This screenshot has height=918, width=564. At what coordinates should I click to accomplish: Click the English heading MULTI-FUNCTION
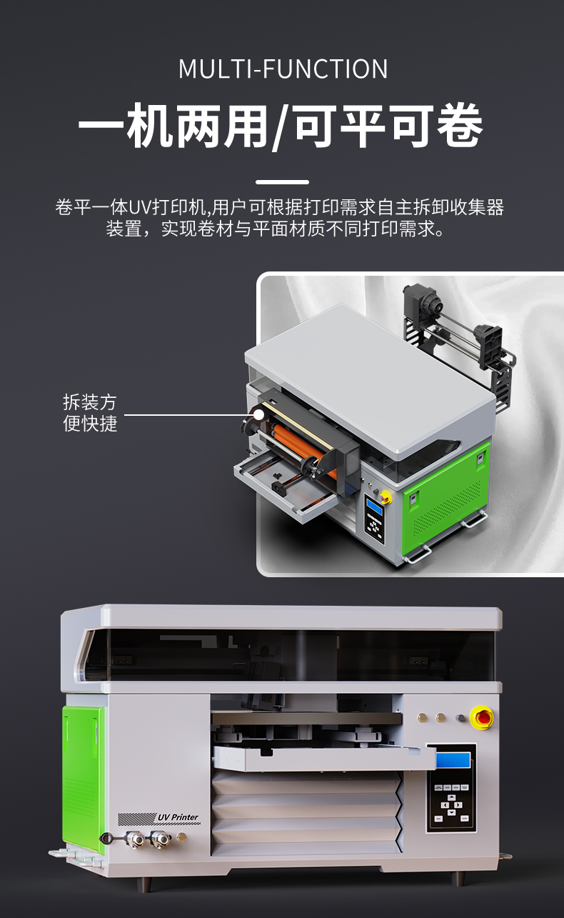283,69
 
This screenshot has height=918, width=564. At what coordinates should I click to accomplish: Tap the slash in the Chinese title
281,129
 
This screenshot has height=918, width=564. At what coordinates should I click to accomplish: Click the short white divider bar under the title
282,182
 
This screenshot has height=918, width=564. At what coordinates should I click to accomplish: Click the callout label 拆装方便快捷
90,412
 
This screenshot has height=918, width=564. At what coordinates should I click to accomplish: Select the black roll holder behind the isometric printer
457,329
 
